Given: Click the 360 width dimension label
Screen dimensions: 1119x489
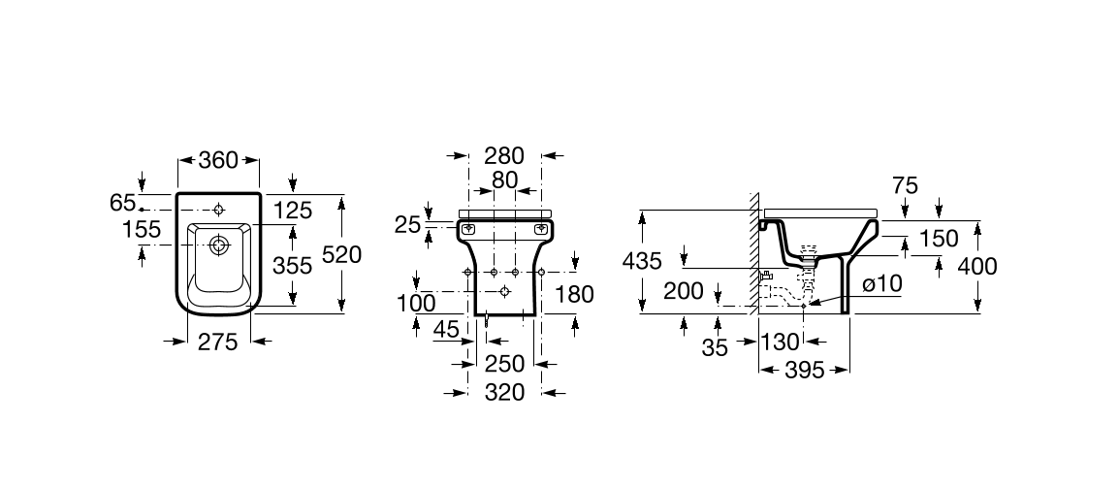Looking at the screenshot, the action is [x=217, y=161].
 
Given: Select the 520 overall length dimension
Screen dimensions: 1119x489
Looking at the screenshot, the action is [x=342, y=254].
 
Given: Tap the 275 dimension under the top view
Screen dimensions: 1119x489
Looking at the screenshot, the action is [x=217, y=342].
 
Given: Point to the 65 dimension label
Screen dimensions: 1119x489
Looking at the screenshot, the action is [x=123, y=203].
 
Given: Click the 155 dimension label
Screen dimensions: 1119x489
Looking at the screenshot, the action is [x=142, y=229].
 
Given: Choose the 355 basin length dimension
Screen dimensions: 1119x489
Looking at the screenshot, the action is [x=293, y=266].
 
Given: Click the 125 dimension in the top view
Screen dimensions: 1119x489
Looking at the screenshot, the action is [x=293, y=210].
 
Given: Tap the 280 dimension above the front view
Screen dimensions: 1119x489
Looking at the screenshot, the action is [x=504, y=155].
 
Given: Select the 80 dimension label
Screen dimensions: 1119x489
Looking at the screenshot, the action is [x=504, y=179].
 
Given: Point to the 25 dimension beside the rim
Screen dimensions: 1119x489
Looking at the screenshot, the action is [x=408, y=225].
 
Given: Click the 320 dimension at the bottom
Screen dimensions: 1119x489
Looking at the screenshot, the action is [x=504, y=392].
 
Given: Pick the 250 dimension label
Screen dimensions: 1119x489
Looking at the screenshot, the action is [x=504, y=364].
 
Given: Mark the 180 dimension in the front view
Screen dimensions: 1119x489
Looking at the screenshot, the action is [x=574, y=293].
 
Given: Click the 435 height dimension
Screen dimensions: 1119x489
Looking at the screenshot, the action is [x=642, y=261].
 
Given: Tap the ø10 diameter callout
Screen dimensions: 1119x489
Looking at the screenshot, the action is [x=882, y=284].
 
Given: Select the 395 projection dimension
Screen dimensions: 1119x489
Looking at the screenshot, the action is [x=804, y=370].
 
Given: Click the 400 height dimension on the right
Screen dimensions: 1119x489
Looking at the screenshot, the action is [x=977, y=266].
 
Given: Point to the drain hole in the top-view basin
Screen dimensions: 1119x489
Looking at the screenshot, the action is [x=220, y=246].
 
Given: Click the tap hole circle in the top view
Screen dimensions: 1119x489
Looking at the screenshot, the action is [x=219, y=210].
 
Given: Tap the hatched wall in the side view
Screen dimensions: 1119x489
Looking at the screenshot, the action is [x=753, y=253].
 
